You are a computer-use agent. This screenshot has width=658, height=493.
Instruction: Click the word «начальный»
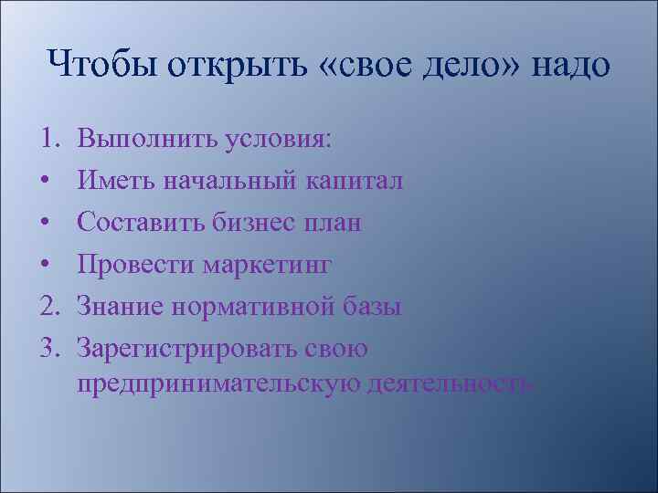click(229, 181)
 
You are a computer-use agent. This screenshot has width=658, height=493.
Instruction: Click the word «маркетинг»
click(267, 266)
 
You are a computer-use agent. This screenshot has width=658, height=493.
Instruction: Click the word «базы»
click(371, 307)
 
